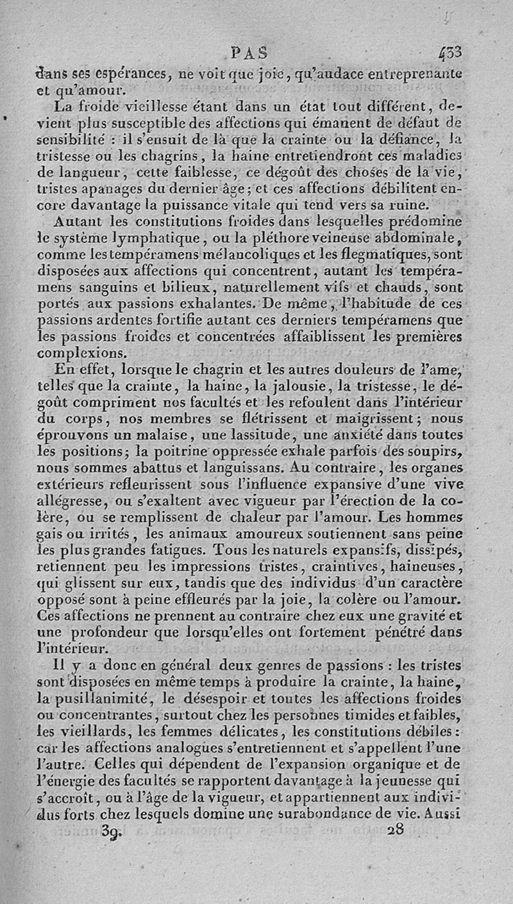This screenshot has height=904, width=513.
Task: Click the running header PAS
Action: coord(249,51)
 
